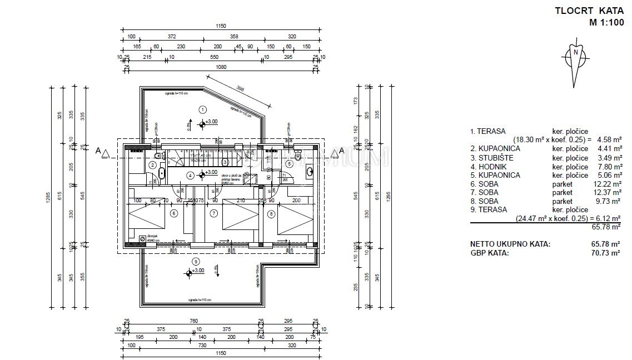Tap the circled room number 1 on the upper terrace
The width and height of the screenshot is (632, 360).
203,109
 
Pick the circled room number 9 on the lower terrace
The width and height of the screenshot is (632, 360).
195,261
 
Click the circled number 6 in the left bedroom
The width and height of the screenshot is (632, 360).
173,213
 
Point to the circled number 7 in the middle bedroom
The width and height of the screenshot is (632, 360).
213,213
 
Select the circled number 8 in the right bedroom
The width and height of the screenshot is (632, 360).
271,213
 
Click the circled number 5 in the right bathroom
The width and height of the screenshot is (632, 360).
289,163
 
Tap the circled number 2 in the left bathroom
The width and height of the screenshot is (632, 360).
152,164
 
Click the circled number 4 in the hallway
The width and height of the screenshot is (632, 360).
191,175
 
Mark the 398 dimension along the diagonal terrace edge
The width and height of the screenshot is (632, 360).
241,88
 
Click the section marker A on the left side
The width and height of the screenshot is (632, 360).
98,151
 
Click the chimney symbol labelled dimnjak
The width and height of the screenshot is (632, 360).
142,239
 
